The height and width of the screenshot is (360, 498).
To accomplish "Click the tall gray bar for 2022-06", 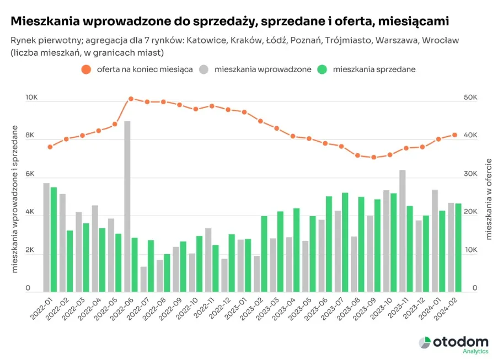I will pyautogui.click(x=127, y=206).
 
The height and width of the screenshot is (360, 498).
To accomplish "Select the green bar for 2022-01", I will pyautogui.click(x=53, y=239).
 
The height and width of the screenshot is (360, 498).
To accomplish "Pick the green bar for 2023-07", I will pyautogui.click(x=345, y=242).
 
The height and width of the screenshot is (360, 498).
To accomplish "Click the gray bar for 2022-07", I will pyautogui.click(x=143, y=279).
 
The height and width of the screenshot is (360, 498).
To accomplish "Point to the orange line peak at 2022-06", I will pyautogui.click(x=131, y=99).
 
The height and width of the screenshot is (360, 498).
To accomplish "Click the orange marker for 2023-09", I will pyautogui.click(x=374, y=157).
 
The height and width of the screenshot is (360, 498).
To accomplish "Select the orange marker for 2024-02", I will pyautogui.click(x=455, y=135).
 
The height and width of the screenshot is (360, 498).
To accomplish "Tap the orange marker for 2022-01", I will pyautogui.click(x=50, y=147).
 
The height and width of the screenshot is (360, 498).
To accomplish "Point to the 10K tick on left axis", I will pyautogui.click(x=31, y=98).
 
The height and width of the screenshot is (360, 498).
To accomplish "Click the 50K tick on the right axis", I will pyautogui.click(x=470, y=98).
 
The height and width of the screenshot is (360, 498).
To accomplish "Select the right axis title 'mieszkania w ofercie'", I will pyautogui.click(x=488, y=199).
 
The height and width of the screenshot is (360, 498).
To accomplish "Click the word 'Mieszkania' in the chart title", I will pyautogui.click(x=45, y=22).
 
